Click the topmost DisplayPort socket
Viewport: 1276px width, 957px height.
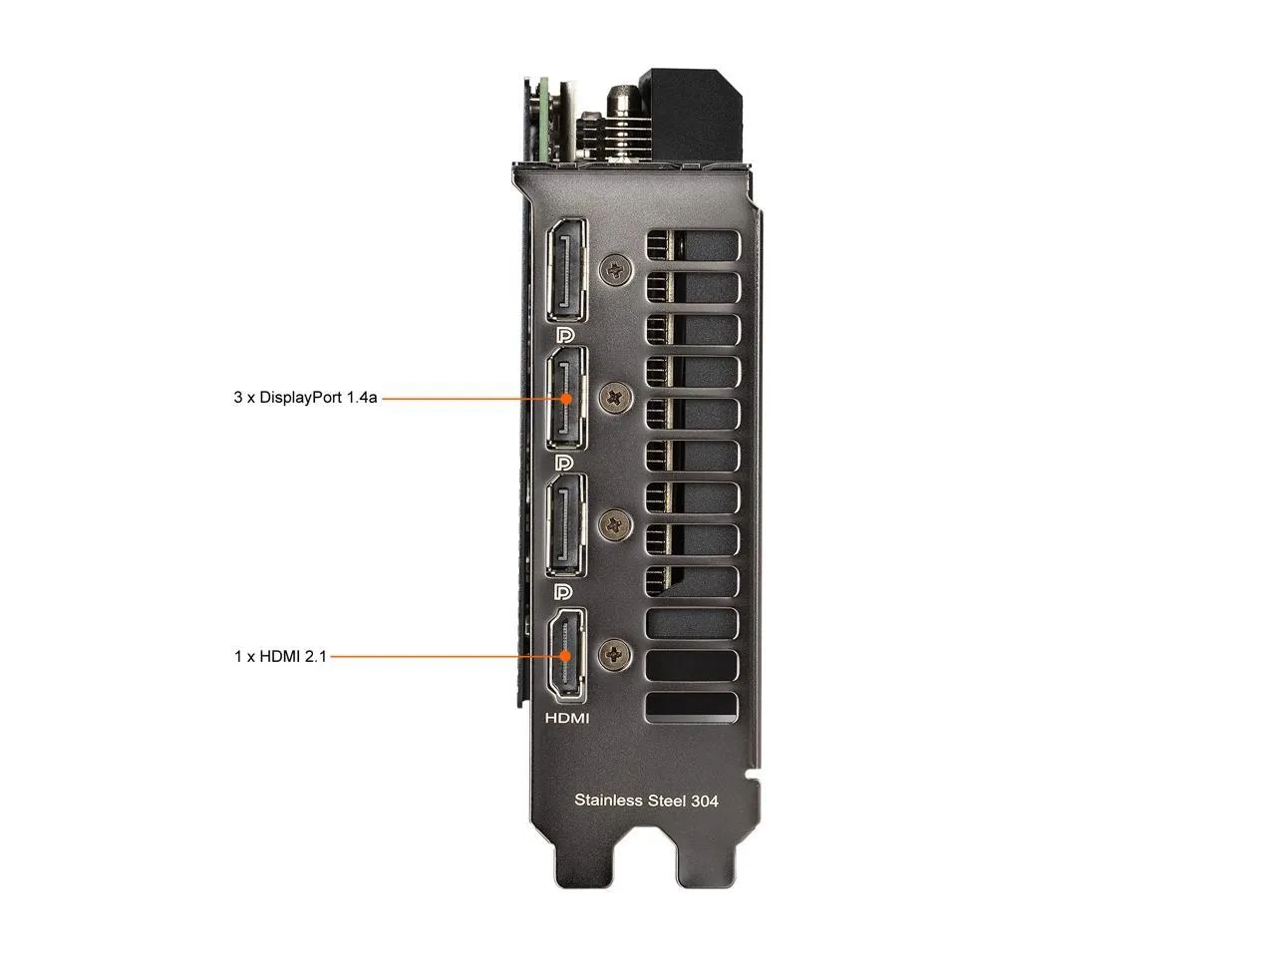(x=566, y=269)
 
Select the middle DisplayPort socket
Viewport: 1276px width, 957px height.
(x=566, y=398)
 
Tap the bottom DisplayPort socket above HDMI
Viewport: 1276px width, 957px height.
(x=566, y=524)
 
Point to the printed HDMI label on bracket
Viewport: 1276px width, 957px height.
(x=567, y=718)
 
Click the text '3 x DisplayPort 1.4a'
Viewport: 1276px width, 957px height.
(x=305, y=398)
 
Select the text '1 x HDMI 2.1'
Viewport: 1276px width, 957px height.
(x=280, y=657)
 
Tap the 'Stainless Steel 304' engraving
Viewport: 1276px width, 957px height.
(x=646, y=799)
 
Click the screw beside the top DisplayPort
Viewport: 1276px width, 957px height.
(x=616, y=269)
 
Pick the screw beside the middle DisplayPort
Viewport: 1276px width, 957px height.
(x=616, y=398)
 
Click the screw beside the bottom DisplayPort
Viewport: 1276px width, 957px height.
(x=616, y=522)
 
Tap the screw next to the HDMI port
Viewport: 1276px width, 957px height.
(x=616, y=655)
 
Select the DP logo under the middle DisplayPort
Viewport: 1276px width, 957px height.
(x=564, y=463)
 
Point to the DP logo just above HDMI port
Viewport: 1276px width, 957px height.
(x=564, y=591)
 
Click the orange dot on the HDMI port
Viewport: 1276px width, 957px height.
(x=566, y=656)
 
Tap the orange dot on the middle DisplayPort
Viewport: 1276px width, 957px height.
(x=566, y=398)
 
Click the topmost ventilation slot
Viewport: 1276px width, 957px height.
(x=693, y=245)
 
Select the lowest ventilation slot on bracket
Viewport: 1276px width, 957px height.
(x=693, y=707)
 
